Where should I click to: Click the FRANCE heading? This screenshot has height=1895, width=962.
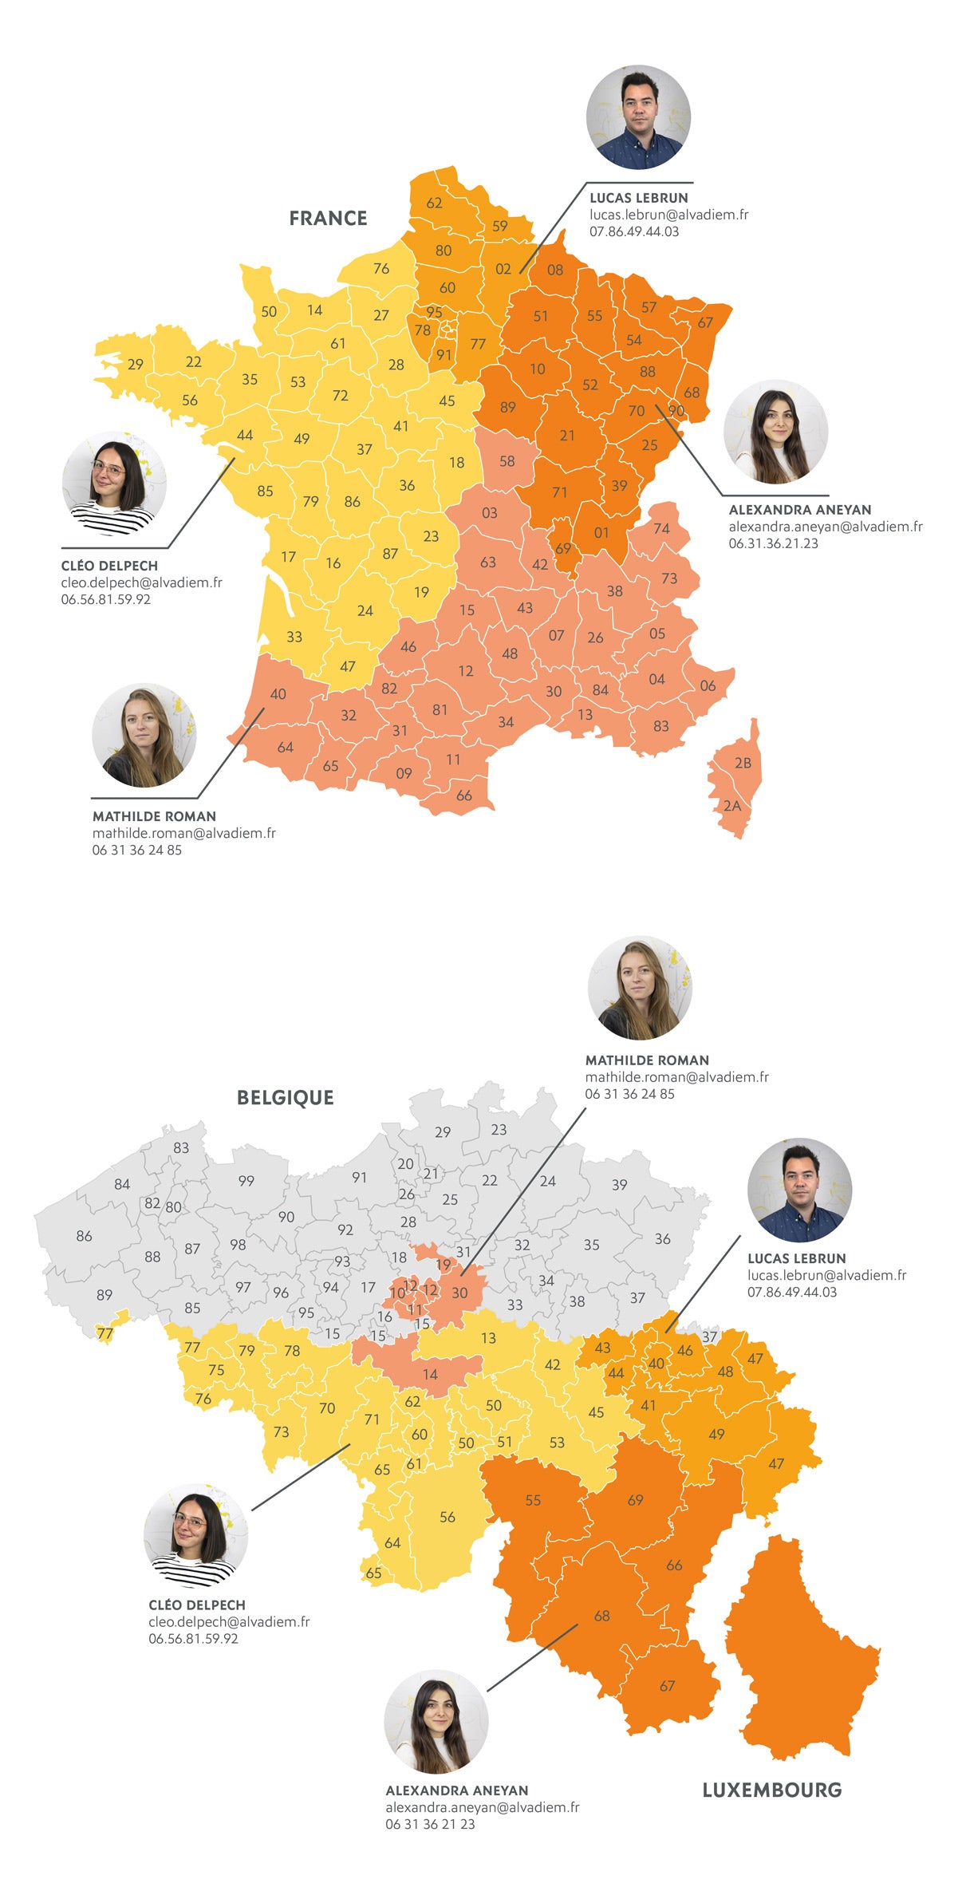coord(328,218)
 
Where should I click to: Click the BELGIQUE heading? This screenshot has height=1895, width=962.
coord(285,1097)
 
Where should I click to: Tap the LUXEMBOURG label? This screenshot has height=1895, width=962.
coord(771,1790)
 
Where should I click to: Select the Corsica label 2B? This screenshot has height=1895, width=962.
coord(743,763)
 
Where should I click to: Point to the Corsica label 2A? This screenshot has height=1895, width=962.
coord(732,806)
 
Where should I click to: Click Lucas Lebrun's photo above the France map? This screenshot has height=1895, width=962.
coord(638,117)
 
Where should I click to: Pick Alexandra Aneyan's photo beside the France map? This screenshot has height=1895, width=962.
coord(775,432)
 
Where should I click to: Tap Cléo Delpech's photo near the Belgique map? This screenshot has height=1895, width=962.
coord(195,1536)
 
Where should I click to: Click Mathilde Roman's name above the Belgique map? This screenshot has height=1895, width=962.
coord(647,1060)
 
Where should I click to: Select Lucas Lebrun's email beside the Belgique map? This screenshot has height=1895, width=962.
coord(826,1275)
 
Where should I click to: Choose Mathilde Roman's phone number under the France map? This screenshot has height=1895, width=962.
coord(136,851)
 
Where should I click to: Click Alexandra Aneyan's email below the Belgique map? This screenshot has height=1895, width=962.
coord(482,1807)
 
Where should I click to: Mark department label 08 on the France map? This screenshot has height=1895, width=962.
coord(555,270)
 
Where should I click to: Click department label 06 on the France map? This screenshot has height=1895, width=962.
coord(708,686)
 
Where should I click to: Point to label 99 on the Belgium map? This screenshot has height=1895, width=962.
coord(246,1181)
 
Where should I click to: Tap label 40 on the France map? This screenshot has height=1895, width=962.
coord(278,694)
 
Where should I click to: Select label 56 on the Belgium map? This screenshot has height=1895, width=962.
coord(447,1517)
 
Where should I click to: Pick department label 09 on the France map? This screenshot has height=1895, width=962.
coord(404,773)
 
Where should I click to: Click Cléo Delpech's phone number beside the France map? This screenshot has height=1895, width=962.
coord(105,600)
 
